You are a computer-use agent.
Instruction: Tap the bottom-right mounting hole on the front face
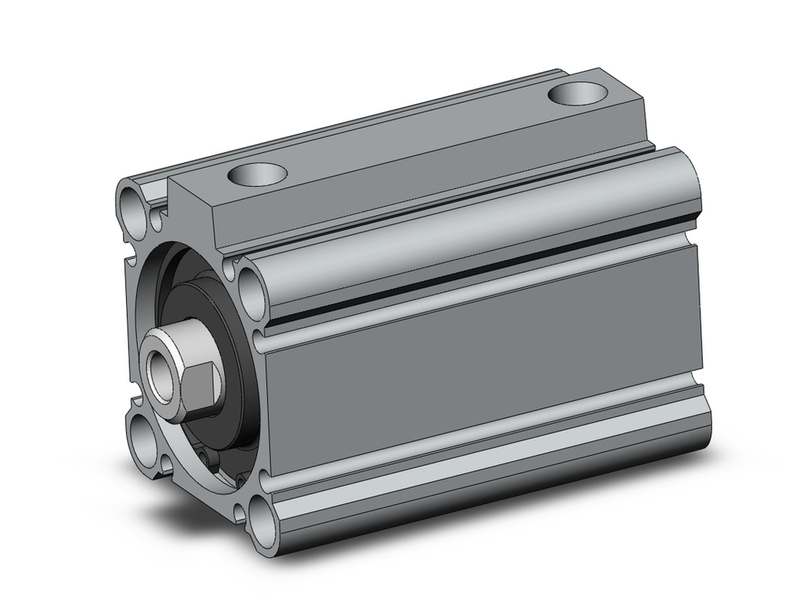tap(268, 524)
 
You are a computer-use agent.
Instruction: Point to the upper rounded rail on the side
tap(473, 236)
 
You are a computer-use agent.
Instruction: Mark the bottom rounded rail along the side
tap(489, 492)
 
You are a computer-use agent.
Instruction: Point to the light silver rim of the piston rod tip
tap(151, 364)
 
